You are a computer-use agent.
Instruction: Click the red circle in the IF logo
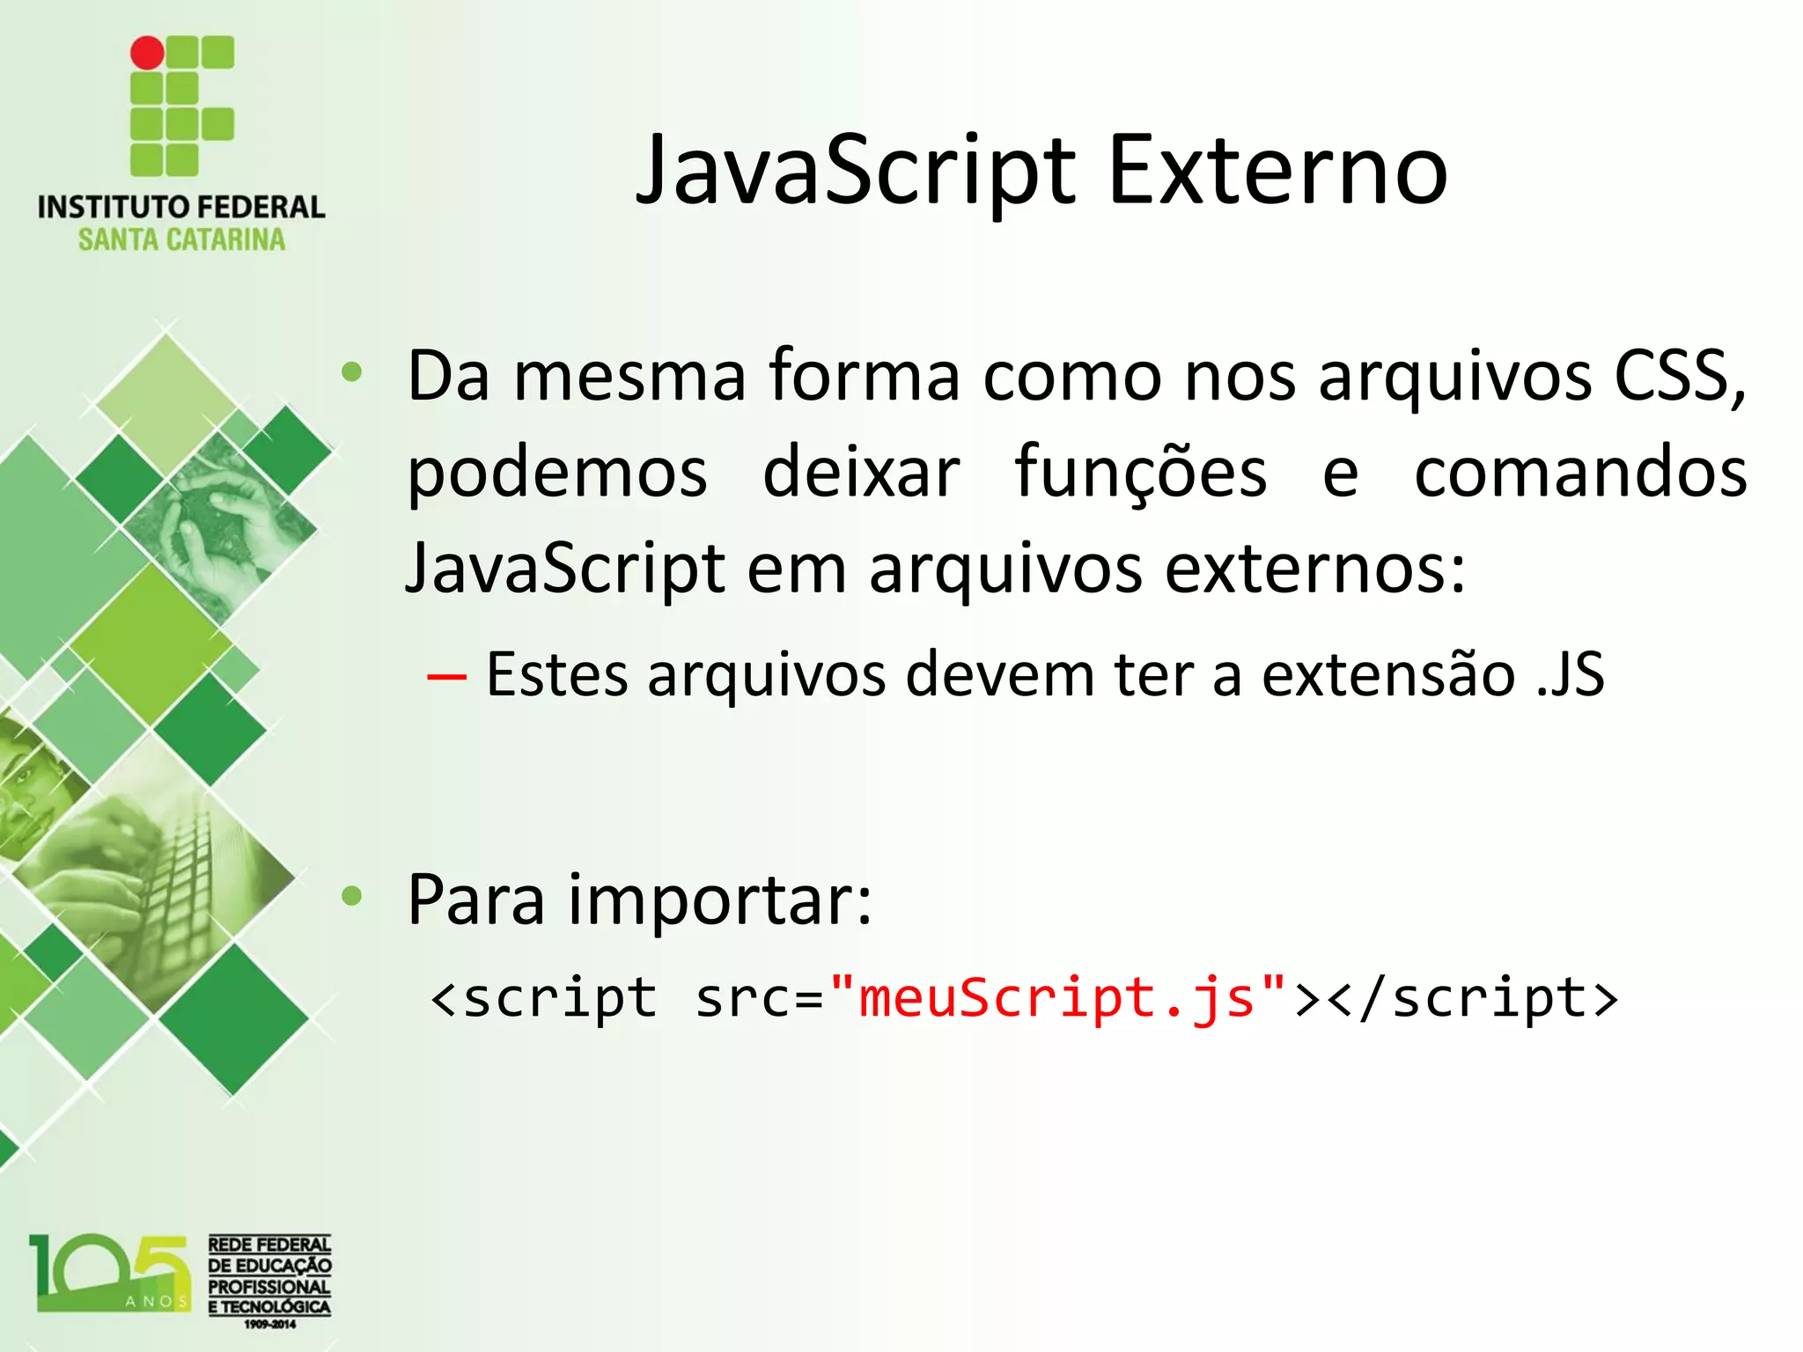(147, 53)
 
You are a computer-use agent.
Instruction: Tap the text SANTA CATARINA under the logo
(181, 239)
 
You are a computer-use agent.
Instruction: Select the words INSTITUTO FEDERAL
(181, 208)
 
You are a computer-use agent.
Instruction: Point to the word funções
(1140, 473)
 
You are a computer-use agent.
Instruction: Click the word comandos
(1580, 473)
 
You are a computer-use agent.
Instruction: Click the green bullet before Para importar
(352, 897)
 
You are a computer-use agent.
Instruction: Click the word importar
(719, 901)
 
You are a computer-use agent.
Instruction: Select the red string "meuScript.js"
(1056, 999)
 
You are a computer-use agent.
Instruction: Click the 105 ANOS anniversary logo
(110, 1274)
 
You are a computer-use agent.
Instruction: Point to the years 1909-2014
(269, 1325)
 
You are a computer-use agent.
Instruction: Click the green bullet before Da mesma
(352, 372)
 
